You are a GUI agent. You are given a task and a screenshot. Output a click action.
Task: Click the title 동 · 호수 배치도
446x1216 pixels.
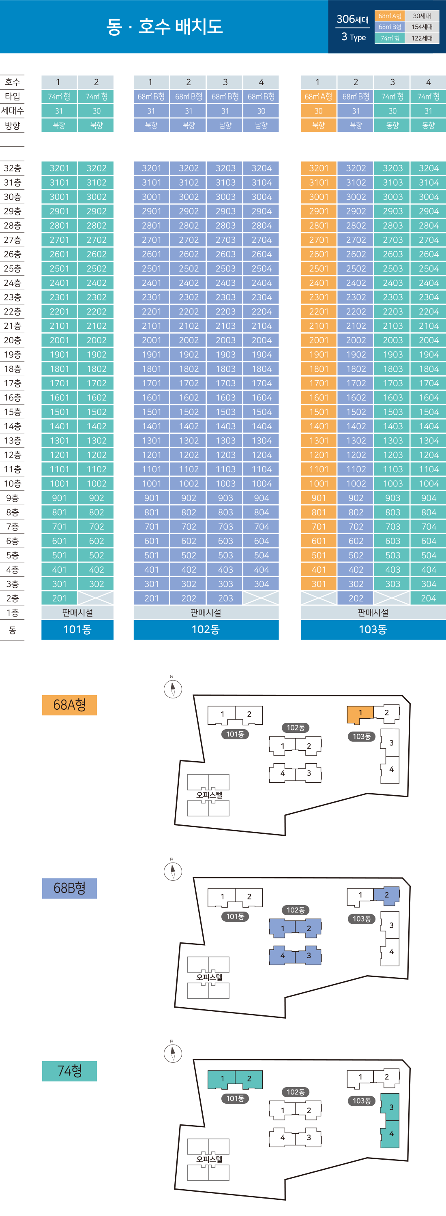coord(164,26)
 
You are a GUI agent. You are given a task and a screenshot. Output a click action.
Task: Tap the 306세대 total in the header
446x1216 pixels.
coord(352,19)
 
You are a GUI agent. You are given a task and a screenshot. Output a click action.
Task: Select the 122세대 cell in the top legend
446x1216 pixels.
coord(421,38)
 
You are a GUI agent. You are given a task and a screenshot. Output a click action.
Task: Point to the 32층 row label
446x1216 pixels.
coord(12,168)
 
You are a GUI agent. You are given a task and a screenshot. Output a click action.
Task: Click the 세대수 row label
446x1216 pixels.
coord(12,111)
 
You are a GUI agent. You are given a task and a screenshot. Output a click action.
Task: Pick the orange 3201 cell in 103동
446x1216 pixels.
coord(319,168)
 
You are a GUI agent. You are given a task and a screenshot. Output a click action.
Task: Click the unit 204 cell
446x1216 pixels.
coord(428,598)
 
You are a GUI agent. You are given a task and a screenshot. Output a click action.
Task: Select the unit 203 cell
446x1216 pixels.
coord(225,598)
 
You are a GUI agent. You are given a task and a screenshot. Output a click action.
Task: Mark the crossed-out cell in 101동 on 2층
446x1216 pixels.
coord(96,598)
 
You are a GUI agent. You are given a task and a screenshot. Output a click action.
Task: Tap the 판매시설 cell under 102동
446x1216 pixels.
coord(206,613)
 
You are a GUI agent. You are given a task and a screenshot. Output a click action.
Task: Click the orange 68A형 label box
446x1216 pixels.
coord(69,705)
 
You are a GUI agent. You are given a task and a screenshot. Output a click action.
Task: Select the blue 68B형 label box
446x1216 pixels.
coord(69,888)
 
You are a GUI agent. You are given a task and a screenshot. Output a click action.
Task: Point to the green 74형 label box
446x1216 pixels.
coord(69,1070)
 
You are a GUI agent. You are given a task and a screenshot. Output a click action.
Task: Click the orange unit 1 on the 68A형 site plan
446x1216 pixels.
coord(360,713)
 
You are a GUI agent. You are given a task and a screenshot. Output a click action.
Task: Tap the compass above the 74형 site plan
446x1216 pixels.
coord(173,1053)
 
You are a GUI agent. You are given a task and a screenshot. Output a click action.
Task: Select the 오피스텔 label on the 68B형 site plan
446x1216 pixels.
coord(209,977)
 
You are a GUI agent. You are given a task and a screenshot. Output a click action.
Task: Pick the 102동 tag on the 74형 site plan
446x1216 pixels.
coord(296,1092)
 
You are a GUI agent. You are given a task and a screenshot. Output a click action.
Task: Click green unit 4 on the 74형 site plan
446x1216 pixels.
coord(391,1133)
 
